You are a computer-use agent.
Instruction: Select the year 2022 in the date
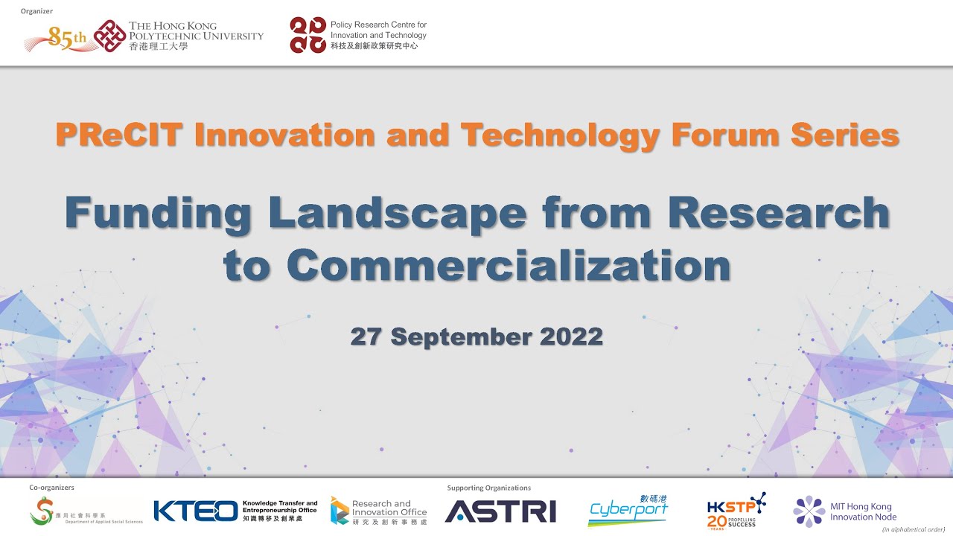coord(571,336)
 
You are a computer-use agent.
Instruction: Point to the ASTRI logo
coord(500,511)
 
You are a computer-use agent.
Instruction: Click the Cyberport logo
coord(628,511)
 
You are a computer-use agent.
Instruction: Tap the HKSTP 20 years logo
coord(736,511)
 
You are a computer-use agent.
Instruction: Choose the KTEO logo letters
coord(195,511)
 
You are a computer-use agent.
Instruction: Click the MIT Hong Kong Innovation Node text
coord(863,512)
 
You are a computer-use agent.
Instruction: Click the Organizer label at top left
coord(37,11)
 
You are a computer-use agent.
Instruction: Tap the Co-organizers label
coord(51,488)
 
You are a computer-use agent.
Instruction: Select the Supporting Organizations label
coord(488,488)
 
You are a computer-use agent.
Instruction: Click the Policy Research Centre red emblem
coord(307,35)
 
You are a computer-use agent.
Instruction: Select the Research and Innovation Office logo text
coord(389,511)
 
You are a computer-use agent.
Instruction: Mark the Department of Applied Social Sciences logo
coord(86,511)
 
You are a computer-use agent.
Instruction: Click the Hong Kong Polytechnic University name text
coord(196,35)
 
